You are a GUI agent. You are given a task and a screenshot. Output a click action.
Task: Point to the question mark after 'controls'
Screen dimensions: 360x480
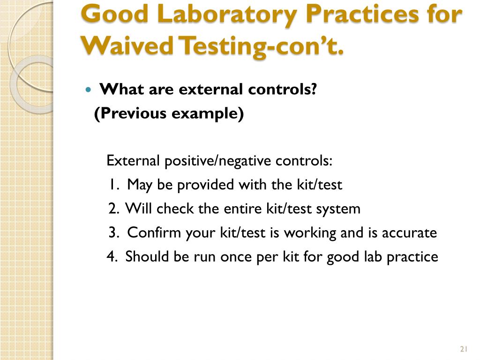314,89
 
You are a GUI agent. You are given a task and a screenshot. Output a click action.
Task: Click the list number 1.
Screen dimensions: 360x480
113,185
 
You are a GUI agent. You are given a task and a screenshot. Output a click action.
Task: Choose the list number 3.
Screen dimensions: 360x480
113,232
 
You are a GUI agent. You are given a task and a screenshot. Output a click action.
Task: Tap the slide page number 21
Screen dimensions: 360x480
465,348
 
